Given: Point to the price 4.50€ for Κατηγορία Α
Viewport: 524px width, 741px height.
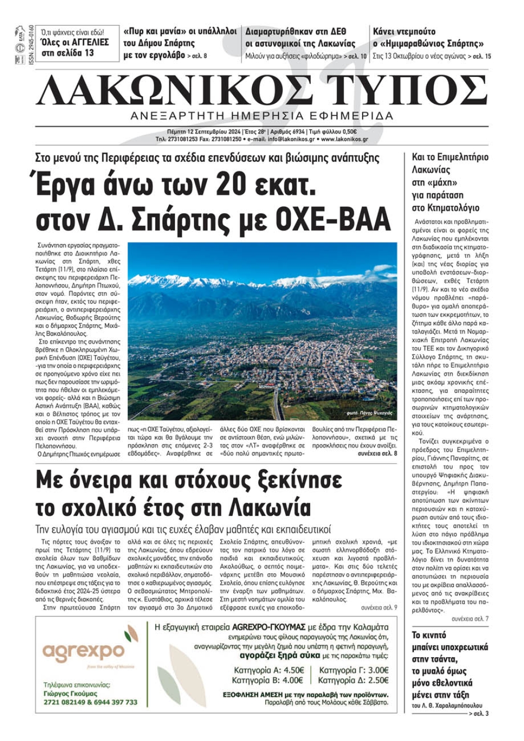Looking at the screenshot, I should (293, 670).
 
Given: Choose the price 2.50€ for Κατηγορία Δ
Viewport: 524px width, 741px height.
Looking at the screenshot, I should (378, 680).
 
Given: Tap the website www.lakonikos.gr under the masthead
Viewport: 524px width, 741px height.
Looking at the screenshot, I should (344, 139).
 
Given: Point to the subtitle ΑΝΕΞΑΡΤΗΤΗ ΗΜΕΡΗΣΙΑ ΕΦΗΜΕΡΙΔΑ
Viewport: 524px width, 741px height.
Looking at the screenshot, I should (262, 116).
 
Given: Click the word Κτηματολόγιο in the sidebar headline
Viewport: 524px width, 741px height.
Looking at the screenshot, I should (445, 208).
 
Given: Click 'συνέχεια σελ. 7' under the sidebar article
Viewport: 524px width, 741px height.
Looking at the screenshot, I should (470, 618).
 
